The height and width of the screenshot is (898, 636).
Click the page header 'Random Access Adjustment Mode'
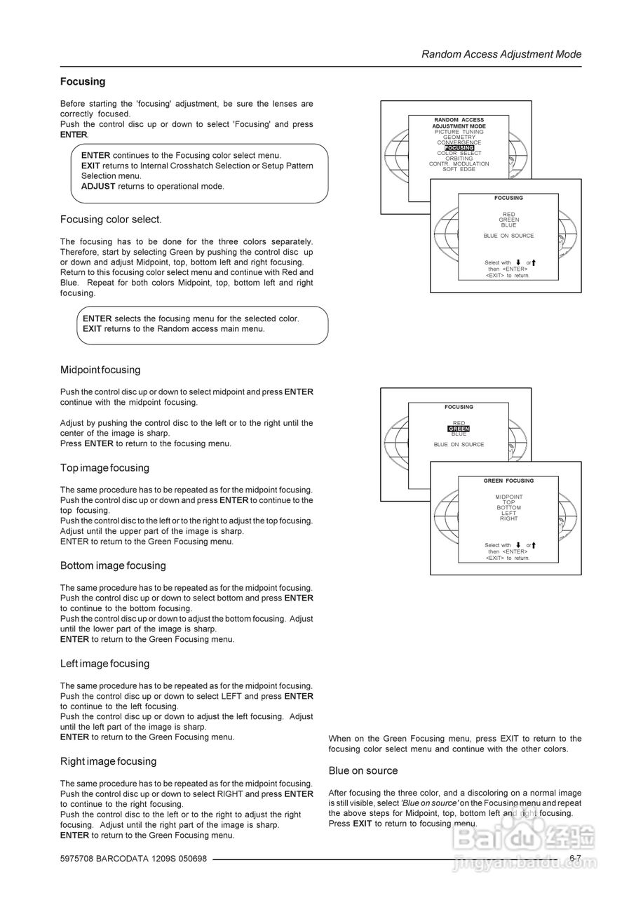click(501, 54)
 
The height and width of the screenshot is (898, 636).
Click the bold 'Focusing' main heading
click(83, 81)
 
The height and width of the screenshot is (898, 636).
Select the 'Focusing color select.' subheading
click(111, 220)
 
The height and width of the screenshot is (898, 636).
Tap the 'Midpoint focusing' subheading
click(100, 370)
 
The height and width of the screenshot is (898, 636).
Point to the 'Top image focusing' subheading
click(104, 468)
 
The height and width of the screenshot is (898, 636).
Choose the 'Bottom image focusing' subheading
click(113, 565)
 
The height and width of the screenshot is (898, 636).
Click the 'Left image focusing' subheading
click(104, 664)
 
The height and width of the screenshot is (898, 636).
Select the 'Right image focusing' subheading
click(108, 761)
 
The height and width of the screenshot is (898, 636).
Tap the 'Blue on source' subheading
click(363, 770)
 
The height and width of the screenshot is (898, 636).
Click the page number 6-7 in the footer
click(575, 858)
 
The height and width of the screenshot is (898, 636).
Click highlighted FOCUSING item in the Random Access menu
click(459, 148)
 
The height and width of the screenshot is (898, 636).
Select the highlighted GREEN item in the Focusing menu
click(459, 429)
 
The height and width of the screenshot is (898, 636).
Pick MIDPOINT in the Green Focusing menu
click(508, 497)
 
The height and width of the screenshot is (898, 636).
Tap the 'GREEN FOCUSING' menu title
click(508, 481)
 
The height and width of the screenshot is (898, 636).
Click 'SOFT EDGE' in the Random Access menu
click(459, 169)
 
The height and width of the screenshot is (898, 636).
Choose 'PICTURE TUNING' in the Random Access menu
click(459, 132)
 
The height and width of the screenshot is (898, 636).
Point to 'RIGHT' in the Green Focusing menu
click(508, 518)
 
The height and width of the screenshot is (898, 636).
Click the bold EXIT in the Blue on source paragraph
click(362, 824)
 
